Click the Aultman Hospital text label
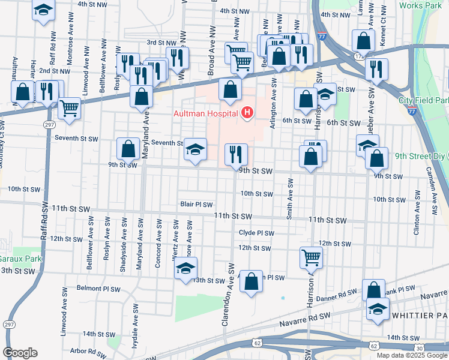point(205,113)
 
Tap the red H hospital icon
point(247,112)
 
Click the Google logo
point(20,353)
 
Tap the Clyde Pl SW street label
point(256,233)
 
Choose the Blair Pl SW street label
point(197,205)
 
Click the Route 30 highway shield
point(419,348)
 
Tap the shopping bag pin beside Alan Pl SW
point(251,281)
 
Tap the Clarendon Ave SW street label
point(229,294)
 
